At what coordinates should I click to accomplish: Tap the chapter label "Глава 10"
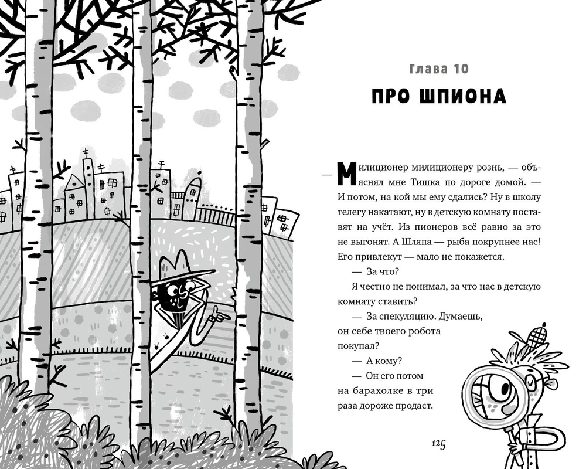click(436, 69)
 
